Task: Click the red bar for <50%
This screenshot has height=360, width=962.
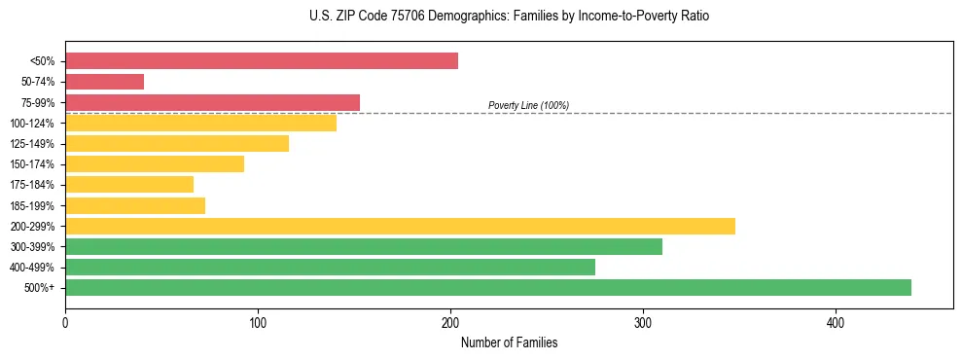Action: click(261, 61)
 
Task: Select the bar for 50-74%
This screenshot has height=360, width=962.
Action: click(104, 82)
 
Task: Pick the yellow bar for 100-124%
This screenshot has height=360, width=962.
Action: click(200, 123)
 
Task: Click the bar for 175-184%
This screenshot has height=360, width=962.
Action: click(129, 184)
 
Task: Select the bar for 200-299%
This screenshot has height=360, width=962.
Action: click(400, 226)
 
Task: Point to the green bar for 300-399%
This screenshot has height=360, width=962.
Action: click(364, 246)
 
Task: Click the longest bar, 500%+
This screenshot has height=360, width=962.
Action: click(488, 287)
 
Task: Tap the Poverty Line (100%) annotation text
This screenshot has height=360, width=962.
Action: click(528, 105)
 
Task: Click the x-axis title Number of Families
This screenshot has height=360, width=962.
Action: click(509, 342)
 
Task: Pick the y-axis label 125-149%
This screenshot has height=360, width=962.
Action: click(32, 144)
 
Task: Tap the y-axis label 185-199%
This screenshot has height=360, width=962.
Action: click(32, 205)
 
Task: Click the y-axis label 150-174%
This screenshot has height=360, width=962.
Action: click(32, 164)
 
